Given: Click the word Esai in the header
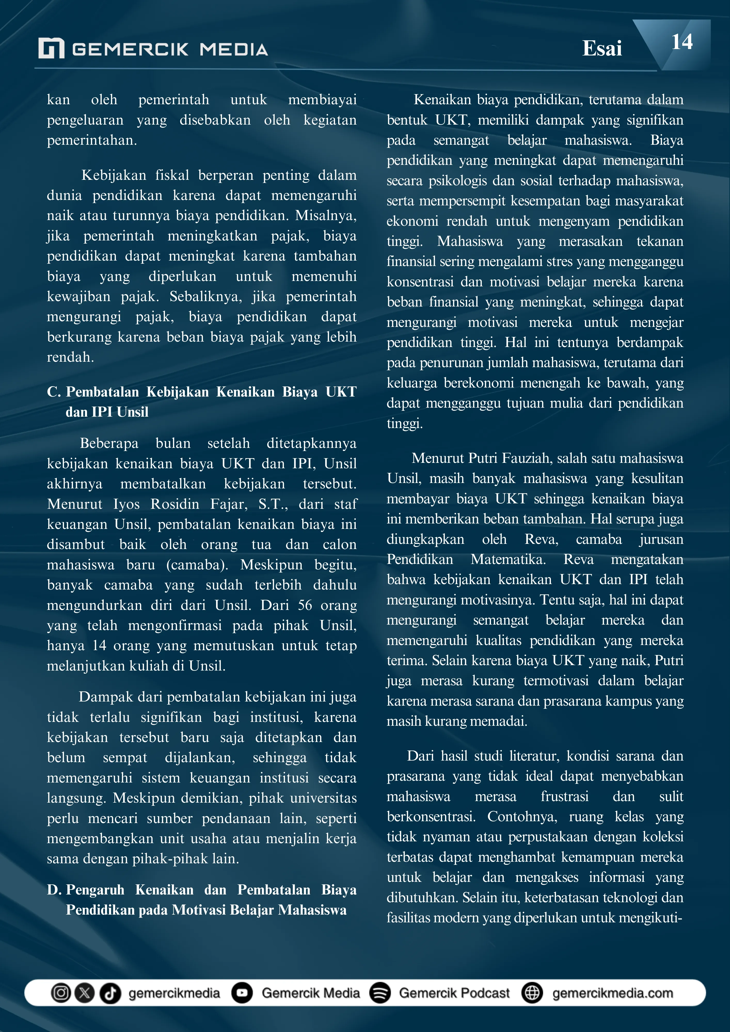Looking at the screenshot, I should click(602, 49).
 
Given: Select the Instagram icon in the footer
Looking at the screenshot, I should click(61, 993).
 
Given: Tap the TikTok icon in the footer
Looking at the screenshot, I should click(110, 993).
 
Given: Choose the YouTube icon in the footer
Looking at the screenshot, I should click(242, 993).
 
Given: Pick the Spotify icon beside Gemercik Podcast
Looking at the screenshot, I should click(380, 993).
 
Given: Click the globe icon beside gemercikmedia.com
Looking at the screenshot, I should click(532, 993).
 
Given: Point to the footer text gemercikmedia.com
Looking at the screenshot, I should click(613, 993).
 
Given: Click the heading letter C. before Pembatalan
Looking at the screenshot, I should click(54, 392).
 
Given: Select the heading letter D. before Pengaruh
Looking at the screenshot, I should click(54, 890).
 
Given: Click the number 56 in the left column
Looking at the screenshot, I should click(305, 605).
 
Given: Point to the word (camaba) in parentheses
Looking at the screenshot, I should click(197, 565).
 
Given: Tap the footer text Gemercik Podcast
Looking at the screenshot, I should click(454, 993).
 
